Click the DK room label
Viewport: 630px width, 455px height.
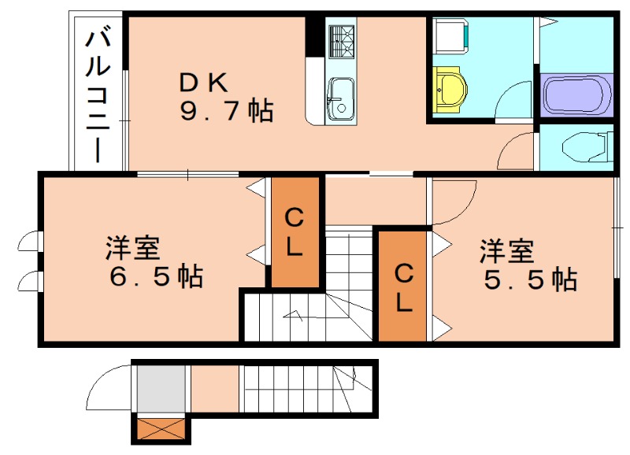[204, 81]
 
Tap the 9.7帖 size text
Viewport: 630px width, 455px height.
[227, 111]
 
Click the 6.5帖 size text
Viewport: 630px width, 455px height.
[155, 277]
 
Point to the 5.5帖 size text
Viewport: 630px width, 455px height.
[530, 279]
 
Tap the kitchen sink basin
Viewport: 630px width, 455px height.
[341, 98]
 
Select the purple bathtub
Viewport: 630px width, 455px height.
[576, 94]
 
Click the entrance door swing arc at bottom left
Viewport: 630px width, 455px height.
[111, 387]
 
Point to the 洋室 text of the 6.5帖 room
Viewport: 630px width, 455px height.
[133, 249]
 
